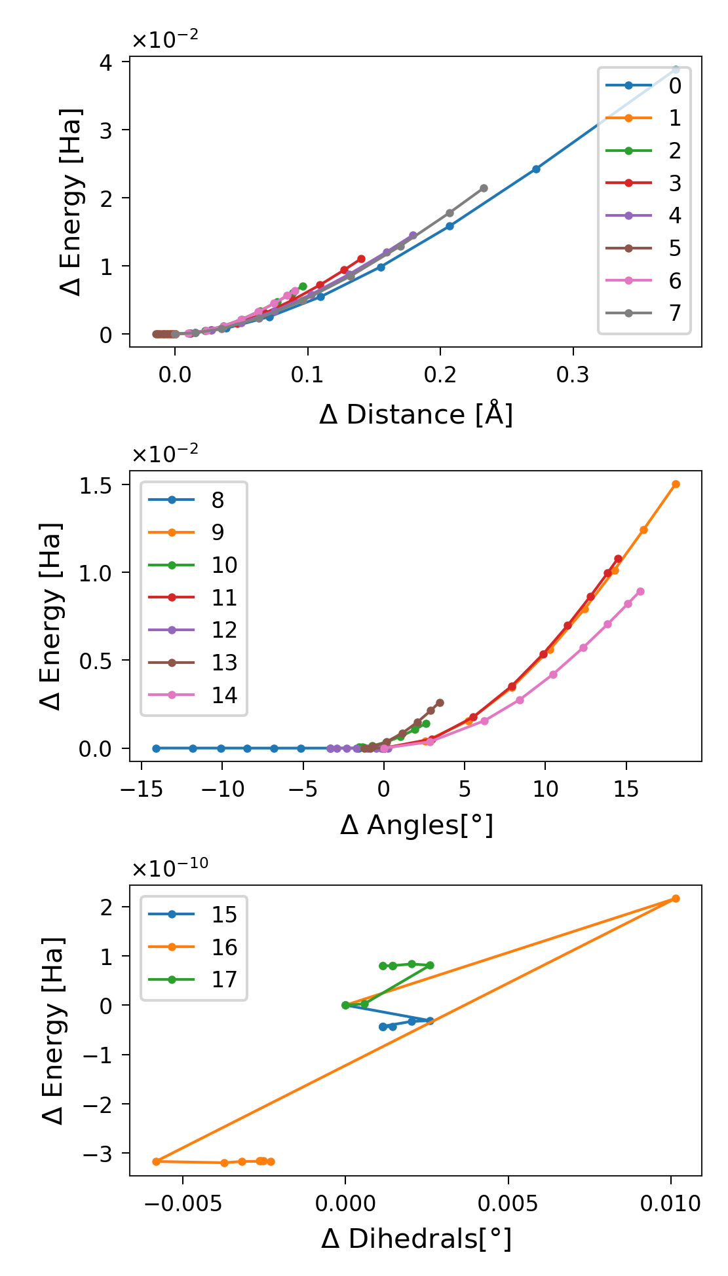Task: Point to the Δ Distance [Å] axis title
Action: pyautogui.click(x=415, y=415)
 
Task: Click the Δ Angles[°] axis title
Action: pyautogui.click(x=415, y=826)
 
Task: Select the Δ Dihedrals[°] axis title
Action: pyautogui.click(x=415, y=1239)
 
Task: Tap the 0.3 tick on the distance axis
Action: pyautogui.click(x=573, y=375)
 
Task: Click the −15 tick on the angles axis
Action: pyautogui.click(x=140, y=789)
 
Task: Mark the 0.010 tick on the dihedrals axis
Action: pyautogui.click(x=670, y=1203)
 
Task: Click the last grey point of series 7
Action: pyautogui.click(x=484, y=188)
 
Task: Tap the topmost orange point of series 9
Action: pyautogui.click(x=676, y=484)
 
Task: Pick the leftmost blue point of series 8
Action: pyautogui.click(x=156, y=748)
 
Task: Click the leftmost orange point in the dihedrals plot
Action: pyautogui.click(x=156, y=1161)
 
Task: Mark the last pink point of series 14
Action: pyautogui.click(x=640, y=592)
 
